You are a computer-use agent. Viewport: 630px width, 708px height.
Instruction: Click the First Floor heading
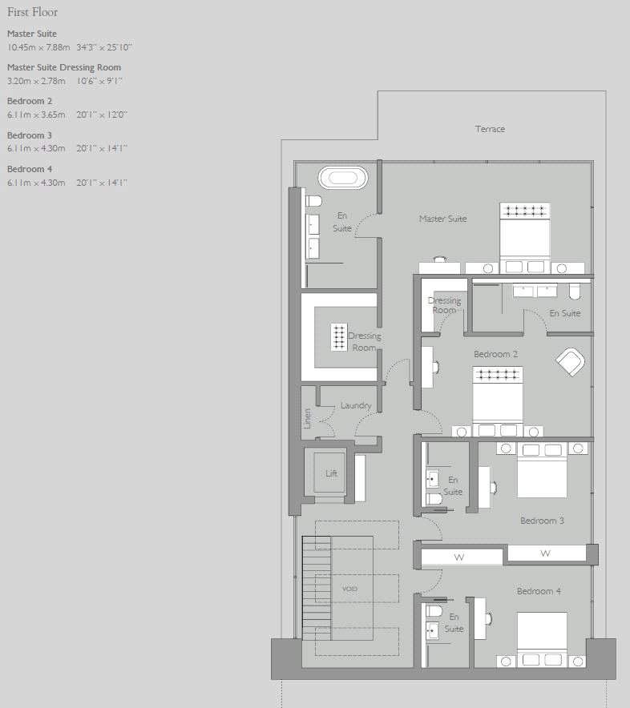[32, 13]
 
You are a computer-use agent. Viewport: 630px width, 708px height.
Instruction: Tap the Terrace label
[490, 129]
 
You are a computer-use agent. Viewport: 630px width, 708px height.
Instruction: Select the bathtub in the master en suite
[343, 177]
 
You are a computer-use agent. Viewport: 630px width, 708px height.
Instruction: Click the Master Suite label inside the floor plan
[442, 219]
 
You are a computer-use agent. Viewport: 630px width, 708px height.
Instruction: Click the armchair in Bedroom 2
[570, 362]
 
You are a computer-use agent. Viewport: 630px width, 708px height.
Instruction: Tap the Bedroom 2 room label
[495, 354]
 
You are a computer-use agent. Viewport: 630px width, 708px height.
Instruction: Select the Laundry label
[356, 405]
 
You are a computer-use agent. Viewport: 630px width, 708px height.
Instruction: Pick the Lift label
[331, 473]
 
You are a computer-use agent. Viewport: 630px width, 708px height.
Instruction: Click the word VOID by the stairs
[349, 589]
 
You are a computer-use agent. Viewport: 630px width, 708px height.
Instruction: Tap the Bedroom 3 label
[542, 521]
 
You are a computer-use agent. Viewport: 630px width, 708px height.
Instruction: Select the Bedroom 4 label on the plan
[539, 591]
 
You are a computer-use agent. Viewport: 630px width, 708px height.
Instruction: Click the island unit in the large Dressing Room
[338, 338]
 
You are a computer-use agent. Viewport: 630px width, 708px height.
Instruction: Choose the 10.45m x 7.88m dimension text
[38, 47]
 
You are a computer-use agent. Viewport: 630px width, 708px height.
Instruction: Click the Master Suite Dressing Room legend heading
[64, 67]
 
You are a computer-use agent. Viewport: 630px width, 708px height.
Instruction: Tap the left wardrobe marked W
[459, 557]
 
